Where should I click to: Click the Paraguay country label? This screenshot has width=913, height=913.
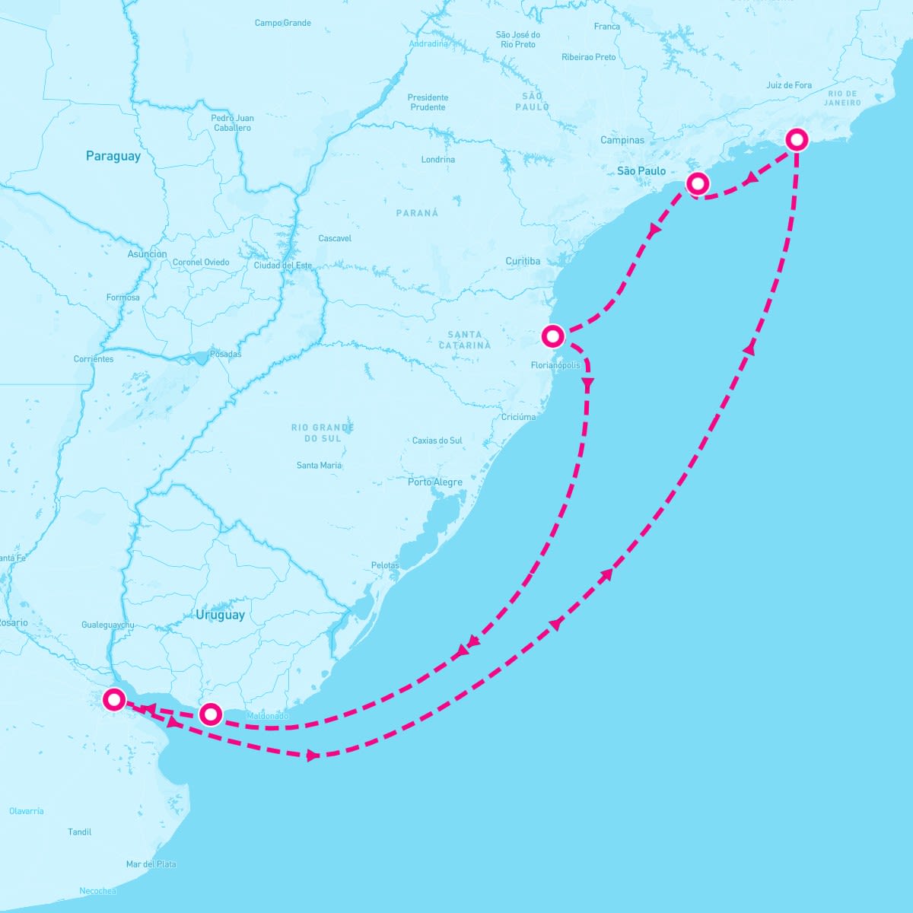coord(113,156)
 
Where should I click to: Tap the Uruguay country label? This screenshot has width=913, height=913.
coord(220,615)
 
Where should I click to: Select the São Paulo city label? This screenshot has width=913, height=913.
coord(641,171)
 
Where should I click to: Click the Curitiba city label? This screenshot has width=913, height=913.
coord(523,261)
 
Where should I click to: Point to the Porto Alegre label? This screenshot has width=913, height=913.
coord(434,482)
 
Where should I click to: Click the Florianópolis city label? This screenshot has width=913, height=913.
coord(555,365)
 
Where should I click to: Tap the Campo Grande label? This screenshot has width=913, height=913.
coord(282,23)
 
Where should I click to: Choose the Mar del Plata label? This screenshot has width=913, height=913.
coord(151,864)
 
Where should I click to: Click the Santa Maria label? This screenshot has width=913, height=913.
coord(319,465)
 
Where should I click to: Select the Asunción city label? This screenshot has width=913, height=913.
coord(147,254)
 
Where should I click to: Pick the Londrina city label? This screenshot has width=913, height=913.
coord(437,160)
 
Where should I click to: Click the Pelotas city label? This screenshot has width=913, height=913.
coord(385,565)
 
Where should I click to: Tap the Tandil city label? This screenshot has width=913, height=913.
coord(79,832)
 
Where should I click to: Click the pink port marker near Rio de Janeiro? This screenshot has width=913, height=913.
coord(796,139)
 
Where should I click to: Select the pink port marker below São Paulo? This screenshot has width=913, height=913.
coord(697,183)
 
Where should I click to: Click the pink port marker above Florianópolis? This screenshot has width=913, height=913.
coord(553,336)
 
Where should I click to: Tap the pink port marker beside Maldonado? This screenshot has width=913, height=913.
coord(211,714)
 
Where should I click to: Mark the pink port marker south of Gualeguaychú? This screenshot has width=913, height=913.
coord(114,698)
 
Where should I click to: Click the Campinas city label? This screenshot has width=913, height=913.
coord(622,140)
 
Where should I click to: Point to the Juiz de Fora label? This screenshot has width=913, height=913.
coord(788,85)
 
